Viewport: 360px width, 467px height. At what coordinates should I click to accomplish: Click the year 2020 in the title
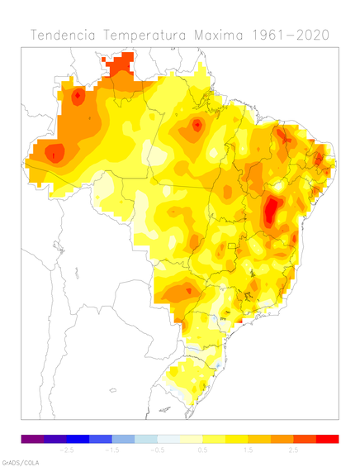click(x=315, y=35)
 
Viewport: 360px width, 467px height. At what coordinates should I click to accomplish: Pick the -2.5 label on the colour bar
click(x=68, y=450)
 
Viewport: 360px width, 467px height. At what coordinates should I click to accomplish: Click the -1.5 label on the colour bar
click(x=113, y=450)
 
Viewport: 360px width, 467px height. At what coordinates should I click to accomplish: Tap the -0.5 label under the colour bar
click(x=158, y=450)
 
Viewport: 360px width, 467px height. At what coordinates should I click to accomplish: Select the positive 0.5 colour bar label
click(x=203, y=450)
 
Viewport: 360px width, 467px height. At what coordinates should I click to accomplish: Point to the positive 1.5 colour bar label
click(x=249, y=450)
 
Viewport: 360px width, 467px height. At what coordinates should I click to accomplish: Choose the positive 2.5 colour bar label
click(x=293, y=450)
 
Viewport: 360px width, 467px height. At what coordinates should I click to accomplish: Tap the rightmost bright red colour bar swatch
click(x=327, y=438)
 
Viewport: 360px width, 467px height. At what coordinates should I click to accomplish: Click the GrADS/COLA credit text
click(x=20, y=462)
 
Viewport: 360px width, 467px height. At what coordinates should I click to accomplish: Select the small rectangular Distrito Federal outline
click(x=233, y=245)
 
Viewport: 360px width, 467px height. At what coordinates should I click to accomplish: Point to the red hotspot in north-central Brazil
click(x=197, y=126)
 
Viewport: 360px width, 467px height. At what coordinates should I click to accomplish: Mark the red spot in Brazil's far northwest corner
click(x=78, y=97)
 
